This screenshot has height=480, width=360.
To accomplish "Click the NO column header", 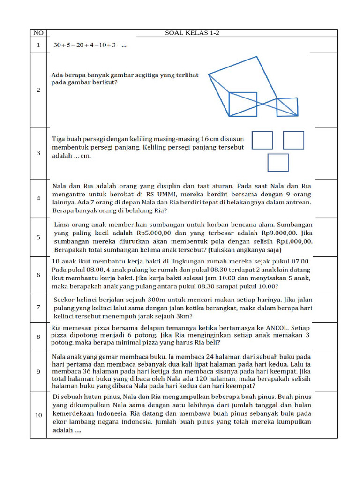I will pyautogui.click(x=38, y=33).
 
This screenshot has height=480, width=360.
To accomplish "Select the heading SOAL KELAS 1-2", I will pyautogui.click(x=192, y=33).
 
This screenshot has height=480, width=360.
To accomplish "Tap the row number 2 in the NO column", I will pyautogui.click(x=38, y=90).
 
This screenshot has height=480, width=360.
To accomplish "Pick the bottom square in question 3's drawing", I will pyautogui.click(x=278, y=162).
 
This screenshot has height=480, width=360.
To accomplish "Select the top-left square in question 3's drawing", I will pyautogui.click(x=262, y=140).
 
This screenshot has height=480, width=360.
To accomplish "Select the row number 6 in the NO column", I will pyautogui.click(x=38, y=275).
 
